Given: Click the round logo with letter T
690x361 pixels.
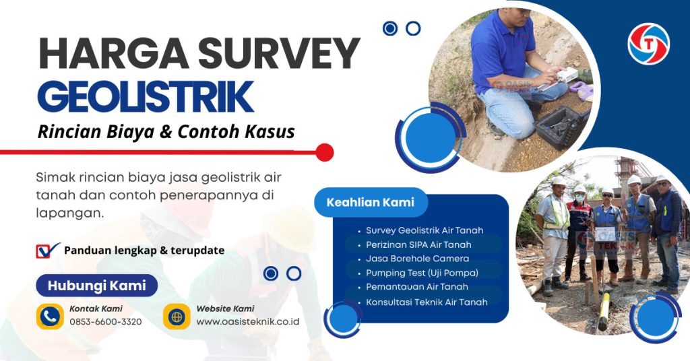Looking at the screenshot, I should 648,44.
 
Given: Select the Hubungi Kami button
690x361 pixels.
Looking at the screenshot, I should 96,286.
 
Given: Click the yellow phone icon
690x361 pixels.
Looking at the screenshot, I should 50,316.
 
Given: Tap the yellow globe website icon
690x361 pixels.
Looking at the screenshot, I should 177,316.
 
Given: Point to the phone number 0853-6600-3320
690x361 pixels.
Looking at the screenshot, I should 105,322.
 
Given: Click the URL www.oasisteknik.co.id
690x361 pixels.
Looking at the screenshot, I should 247,322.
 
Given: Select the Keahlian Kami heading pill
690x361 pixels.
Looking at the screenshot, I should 370,202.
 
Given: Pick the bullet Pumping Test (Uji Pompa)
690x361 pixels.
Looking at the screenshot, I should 422,273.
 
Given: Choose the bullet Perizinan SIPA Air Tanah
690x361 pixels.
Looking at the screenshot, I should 418,244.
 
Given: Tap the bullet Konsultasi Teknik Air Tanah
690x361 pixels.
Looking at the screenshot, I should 427,302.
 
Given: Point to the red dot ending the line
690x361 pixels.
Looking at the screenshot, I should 325,152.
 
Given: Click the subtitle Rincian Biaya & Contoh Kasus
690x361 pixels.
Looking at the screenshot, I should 166,131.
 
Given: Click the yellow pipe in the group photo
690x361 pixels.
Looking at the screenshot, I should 604,310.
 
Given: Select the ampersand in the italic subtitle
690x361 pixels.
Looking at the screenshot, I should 165,131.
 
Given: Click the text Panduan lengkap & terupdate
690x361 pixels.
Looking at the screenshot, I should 144,251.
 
